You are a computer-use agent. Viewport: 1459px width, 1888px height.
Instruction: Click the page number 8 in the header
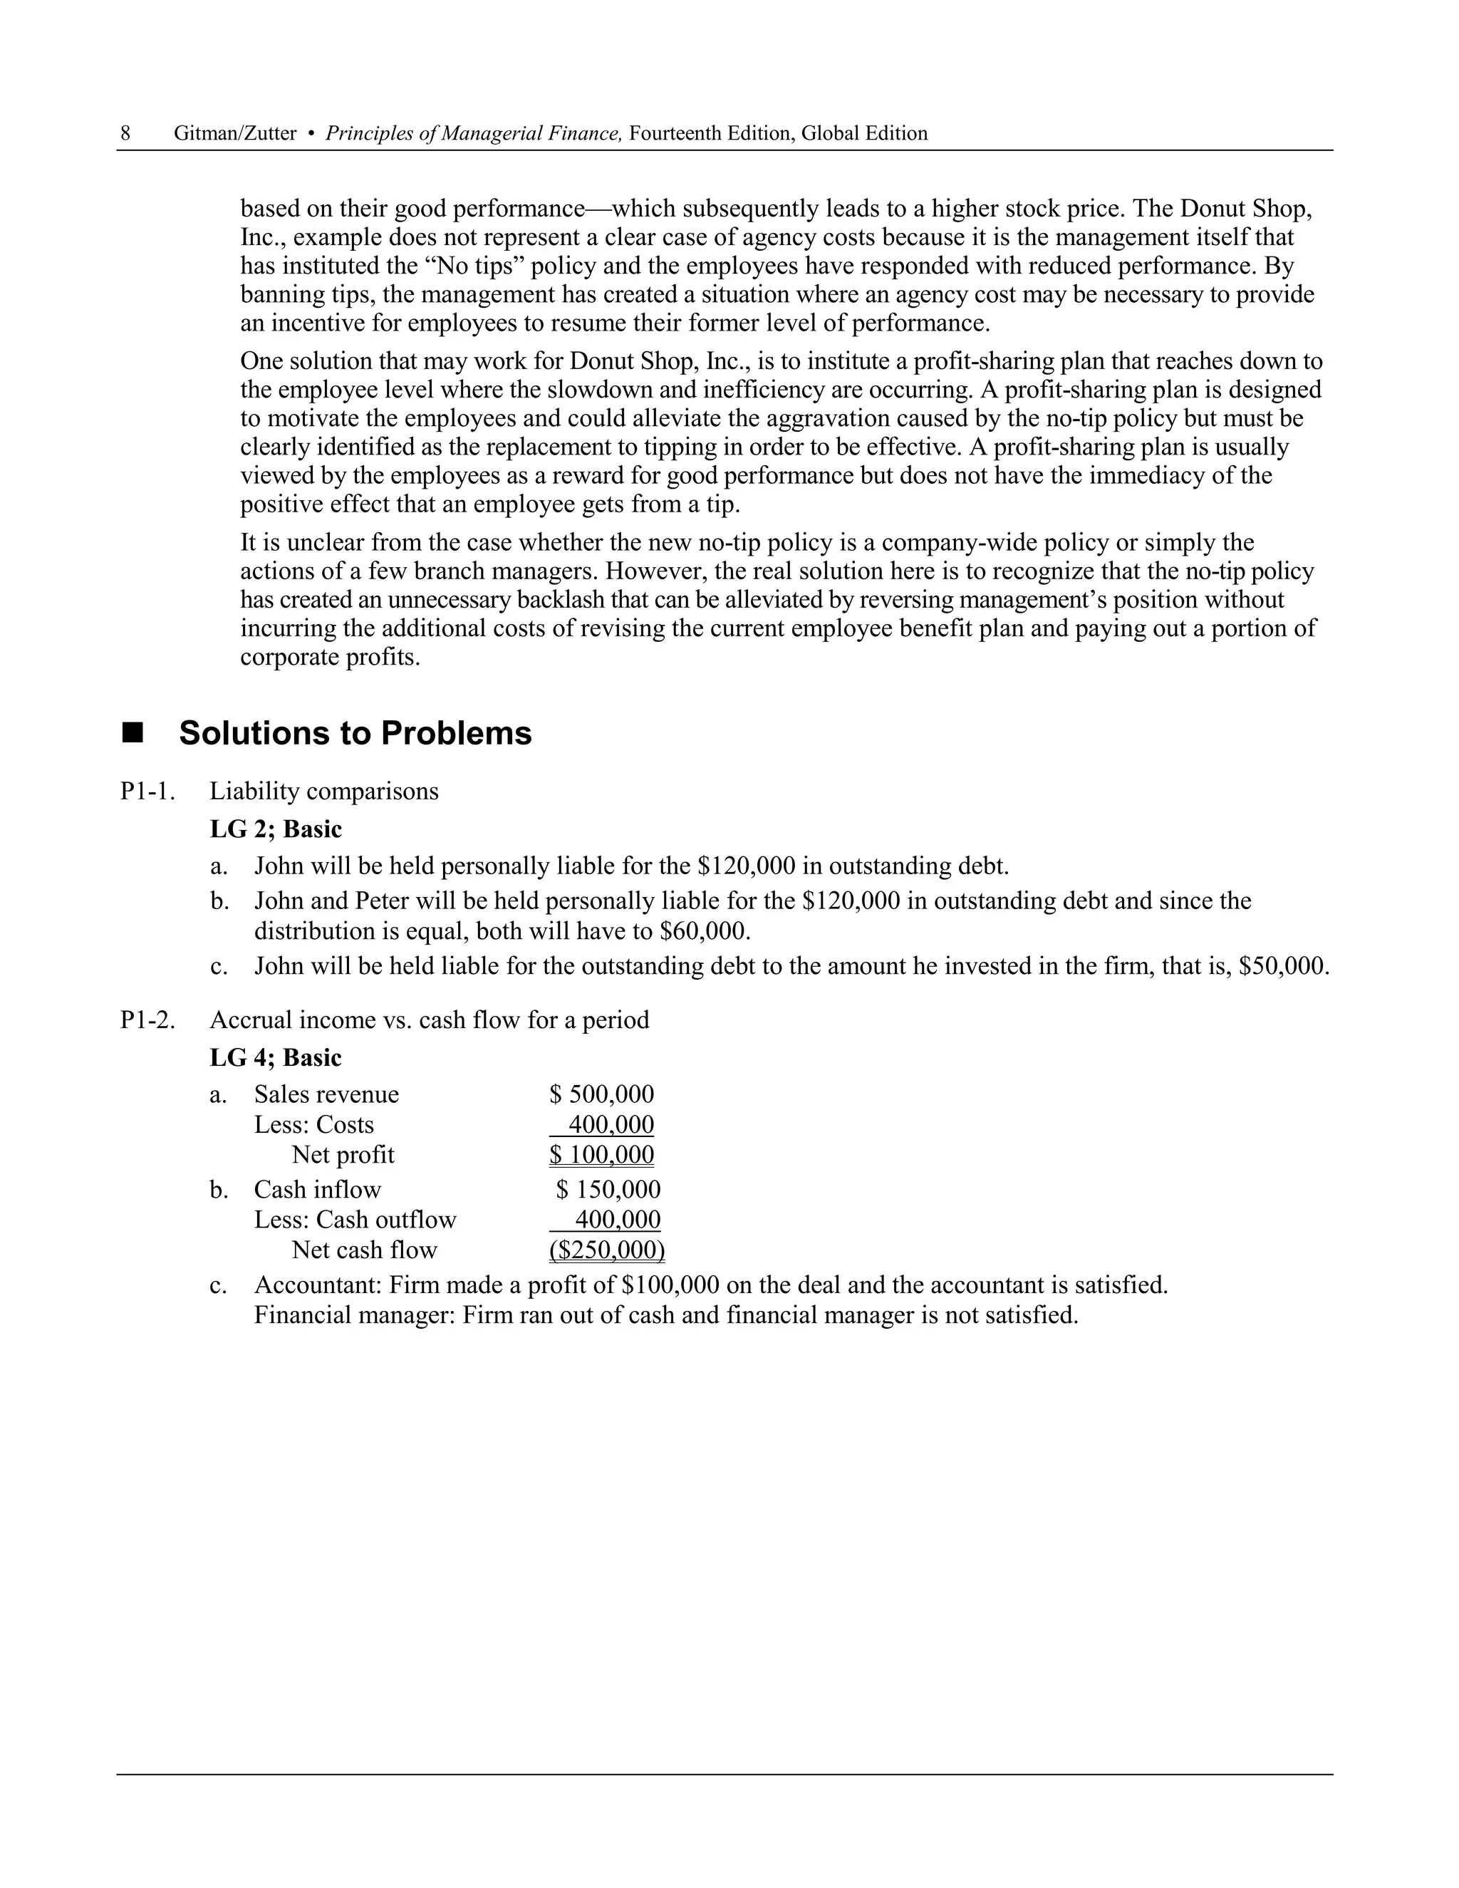(x=125, y=133)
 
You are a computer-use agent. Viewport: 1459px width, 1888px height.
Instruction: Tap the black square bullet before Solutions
(x=133, y=734)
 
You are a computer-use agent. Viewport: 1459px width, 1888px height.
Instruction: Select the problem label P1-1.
(x=147, y=791)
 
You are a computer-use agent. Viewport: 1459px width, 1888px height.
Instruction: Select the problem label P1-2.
(x=147, y=1020)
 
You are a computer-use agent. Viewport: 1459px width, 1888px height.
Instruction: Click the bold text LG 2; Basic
(x=276, y=829)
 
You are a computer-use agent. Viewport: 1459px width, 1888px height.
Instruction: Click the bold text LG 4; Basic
(x=276, y=1057)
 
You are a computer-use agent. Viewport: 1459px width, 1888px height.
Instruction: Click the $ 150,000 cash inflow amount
(x=608, y=1190)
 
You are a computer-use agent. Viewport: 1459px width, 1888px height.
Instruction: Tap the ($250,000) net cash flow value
(x=607, y=1250)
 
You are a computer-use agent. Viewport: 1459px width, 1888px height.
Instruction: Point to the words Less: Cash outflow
(x=355, y=1220)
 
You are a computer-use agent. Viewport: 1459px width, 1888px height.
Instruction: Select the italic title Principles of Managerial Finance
(x=474, y=133)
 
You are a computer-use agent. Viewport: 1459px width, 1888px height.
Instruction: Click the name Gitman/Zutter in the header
(x=234, y=133)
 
